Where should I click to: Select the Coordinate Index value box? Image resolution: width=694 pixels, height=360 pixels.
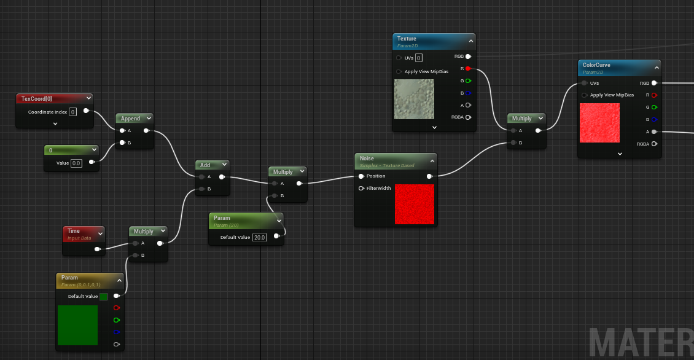coord(72,112)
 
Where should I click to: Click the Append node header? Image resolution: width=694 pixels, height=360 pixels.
coord(130,118)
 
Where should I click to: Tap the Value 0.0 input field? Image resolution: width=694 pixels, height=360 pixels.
coord(77,163)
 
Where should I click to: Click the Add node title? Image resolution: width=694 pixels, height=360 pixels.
coord(205,165)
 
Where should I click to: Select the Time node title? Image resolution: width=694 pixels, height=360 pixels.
coord(74,231)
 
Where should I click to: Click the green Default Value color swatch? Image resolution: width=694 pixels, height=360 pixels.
coord(103,296)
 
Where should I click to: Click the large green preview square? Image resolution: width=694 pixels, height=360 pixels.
coord(77,325)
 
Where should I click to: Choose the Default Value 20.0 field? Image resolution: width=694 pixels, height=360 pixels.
coord(260,237)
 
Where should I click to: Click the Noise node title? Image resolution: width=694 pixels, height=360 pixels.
coord(367,158)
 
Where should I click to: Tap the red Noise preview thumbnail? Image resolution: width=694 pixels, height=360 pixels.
coord(415,204)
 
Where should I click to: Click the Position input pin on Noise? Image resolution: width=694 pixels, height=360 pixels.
coord(361,176)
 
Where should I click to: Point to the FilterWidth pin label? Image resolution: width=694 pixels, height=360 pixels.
coord(378,188)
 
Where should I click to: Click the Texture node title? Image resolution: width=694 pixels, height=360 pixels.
coord(407,39)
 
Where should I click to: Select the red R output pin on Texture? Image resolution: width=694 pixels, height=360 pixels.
coord(468,68)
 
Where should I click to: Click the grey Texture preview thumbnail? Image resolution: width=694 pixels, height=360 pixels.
coord(415,99)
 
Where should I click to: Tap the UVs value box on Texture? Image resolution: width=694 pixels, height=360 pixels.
coord(419,58)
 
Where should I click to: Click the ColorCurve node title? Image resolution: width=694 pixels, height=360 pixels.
coord(596,65)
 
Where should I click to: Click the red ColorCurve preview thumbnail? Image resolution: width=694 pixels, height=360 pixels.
coord(600,122)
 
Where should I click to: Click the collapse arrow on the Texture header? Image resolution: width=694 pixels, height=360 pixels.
coord(470,41)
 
